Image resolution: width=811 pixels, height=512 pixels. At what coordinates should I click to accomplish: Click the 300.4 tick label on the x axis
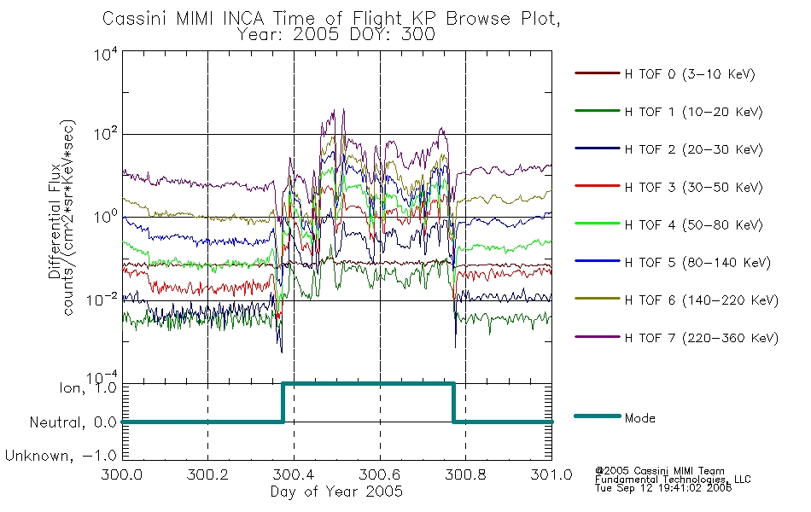pyautogui.click(x=294, y=474)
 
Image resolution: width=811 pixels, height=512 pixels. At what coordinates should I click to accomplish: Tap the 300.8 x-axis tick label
pyautogui.click(x=465, y=474)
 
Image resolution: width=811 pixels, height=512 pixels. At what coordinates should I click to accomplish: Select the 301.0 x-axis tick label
pyautogui.click(x=551, y=474)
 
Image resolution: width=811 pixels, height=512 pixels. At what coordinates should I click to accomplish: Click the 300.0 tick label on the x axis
pyautogui.click(x=122, y=474)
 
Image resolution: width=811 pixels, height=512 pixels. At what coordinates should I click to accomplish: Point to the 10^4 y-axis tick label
pyautogui.click(x=106, y=54)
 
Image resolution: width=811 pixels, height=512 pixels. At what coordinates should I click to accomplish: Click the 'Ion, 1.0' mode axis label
pyautogui.click(x=87, y=387)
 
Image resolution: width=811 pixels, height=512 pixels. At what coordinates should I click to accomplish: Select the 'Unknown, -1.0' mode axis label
pyautogui.click(x=61, y=456)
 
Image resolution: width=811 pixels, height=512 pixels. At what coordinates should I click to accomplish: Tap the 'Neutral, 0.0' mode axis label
pyautogui.click(x=73, y=422)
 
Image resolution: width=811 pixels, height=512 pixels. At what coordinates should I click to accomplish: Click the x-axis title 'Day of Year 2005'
pyautogui.click(x=336, y=492)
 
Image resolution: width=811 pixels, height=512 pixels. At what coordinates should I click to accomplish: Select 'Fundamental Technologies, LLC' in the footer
pyautogui.click(x=673, y=480)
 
